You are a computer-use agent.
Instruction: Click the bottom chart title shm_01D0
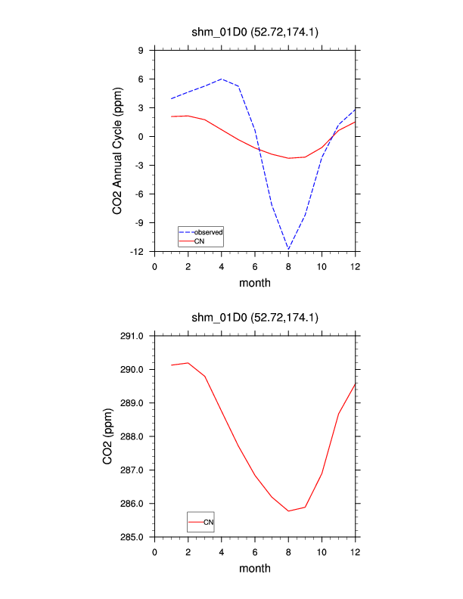click(x=255, y=318)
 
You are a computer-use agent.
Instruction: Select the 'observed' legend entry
click(x=207, y=231)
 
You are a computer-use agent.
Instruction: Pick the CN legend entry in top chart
click(x=199, y=241)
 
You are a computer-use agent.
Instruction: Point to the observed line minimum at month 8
click(x=288, y=249)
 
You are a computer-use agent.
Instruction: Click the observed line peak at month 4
click(x=222, y=79)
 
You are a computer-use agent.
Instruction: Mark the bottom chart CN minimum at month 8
click(x=288, y=511)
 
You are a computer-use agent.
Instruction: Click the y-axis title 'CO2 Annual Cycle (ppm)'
click(x=118, y=151)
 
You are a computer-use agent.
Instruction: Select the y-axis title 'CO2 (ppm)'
click(x=107, y=436)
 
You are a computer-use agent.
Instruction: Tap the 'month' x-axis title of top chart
click(x=255, y=283)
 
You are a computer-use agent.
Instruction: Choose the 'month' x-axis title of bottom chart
click(x=255, y=568)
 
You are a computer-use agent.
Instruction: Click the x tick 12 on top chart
click(x=355, y=265)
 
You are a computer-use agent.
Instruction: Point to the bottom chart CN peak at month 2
click(x=188, y=363)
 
